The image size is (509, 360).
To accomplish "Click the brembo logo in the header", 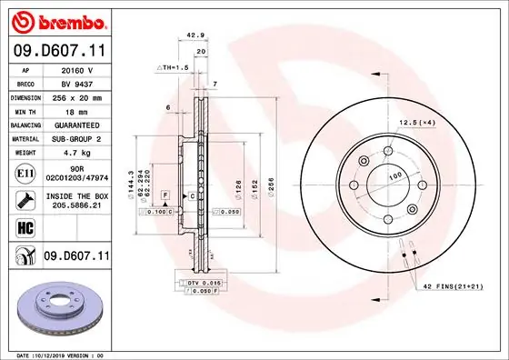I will click(x=56, y=20).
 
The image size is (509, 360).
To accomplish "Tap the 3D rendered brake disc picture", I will click(x=56, y=306).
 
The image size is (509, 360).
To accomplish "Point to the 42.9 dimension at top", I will click(x=194, y=35).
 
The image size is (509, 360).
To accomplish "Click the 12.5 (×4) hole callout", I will click(x=416, y=122).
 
